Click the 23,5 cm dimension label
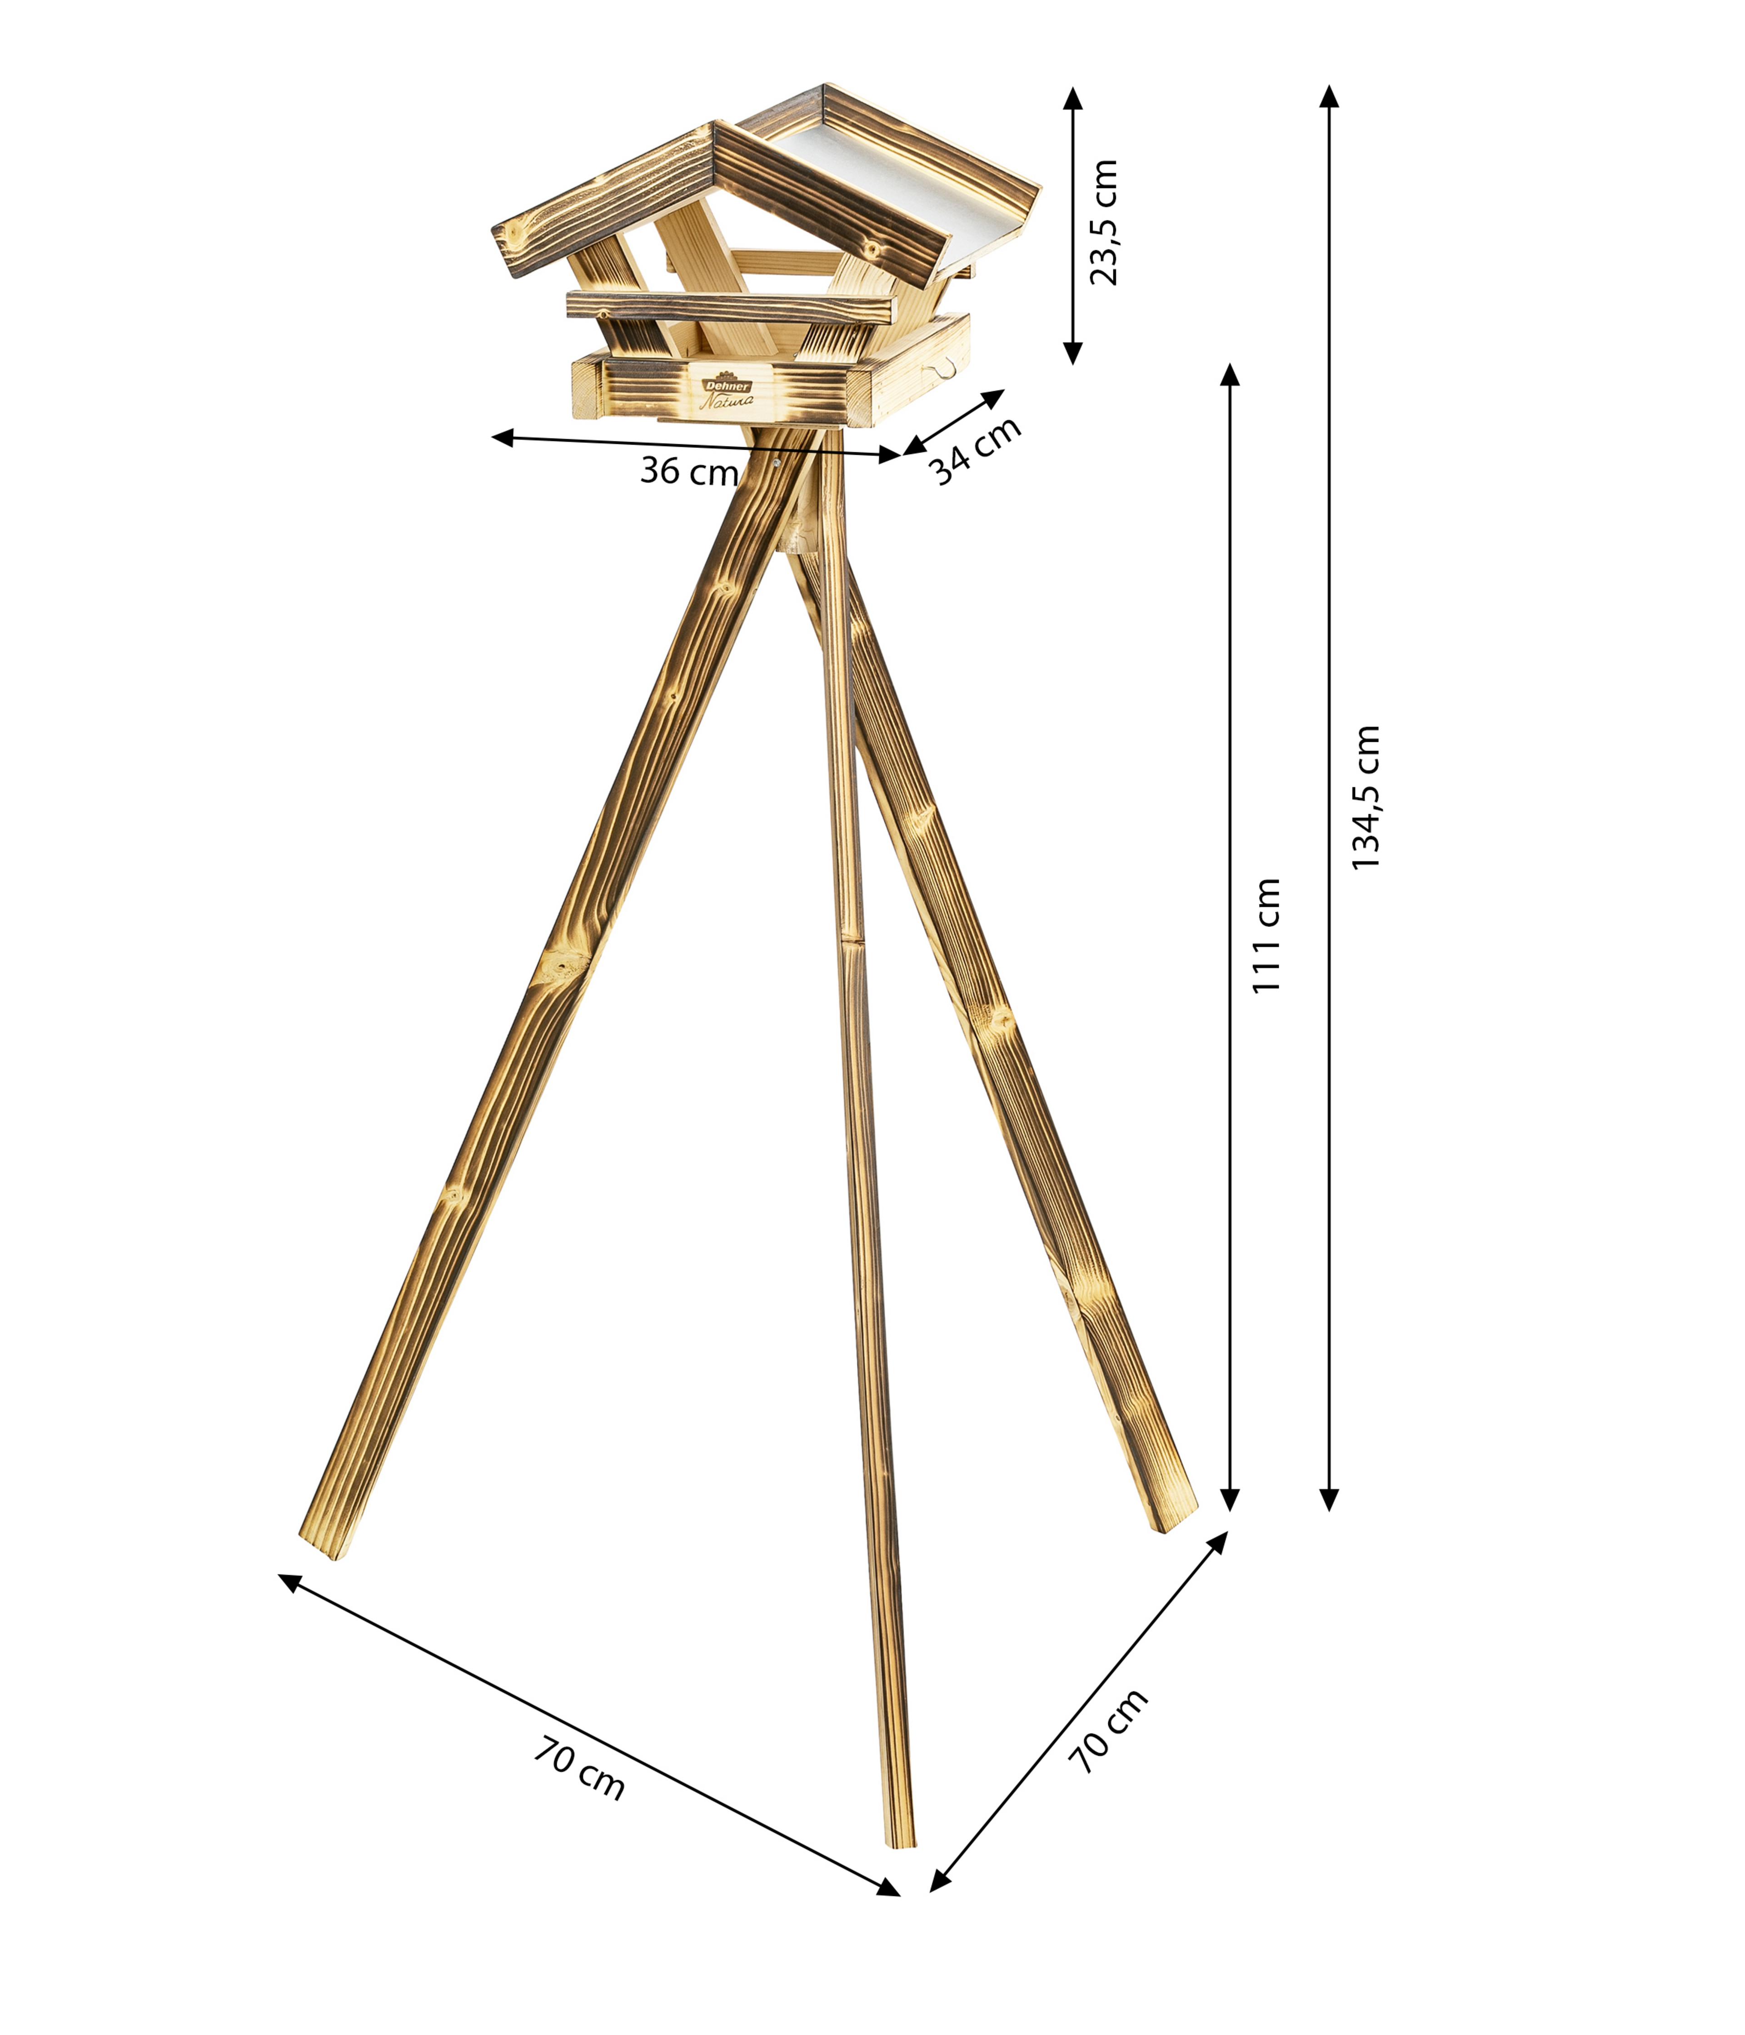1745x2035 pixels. [x=1104, y=222]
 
